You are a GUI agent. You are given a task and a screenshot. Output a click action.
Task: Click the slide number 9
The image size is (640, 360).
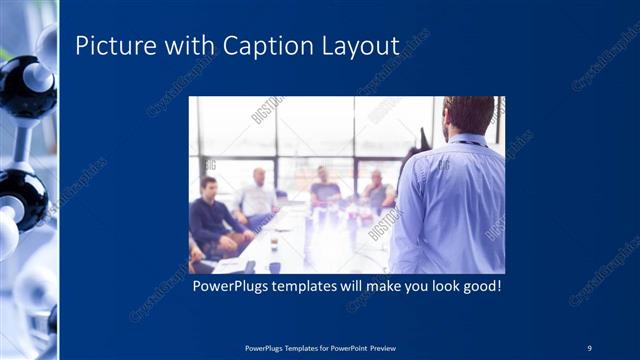tap(589, 347)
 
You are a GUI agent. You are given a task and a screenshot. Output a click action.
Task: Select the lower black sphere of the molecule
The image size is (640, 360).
tap(20, 195)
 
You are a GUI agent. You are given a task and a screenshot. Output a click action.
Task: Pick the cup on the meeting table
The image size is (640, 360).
tap(273, 243)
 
